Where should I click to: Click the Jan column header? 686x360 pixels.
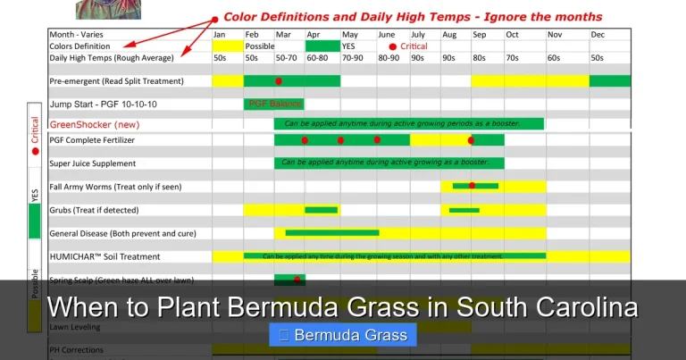tap(219, 34)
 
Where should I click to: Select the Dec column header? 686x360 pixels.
tap(598, 34)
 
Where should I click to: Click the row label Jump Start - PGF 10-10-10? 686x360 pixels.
tap(103, 104)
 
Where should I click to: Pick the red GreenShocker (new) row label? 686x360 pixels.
tap(94, 124)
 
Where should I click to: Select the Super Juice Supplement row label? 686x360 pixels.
tap(93, 163)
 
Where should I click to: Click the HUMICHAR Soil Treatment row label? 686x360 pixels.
tap(105, 256)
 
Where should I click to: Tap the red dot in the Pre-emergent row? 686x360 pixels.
tap(279, 81)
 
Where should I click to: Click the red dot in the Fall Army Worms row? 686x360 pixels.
tap(472, 186)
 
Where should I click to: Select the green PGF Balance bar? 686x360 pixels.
tap(273, 104)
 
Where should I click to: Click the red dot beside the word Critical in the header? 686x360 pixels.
tap(392, 46)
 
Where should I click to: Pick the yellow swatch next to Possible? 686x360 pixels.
tap(228, 46)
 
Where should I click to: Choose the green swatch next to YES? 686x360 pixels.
tap(322, 46)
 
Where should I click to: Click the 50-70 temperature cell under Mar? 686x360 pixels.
tap(288, 57)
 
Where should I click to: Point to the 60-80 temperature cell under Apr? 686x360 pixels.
tap(318, 57)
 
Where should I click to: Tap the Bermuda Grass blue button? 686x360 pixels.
tap(343, 336)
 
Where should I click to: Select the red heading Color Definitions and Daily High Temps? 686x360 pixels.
tap(413, 17)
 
